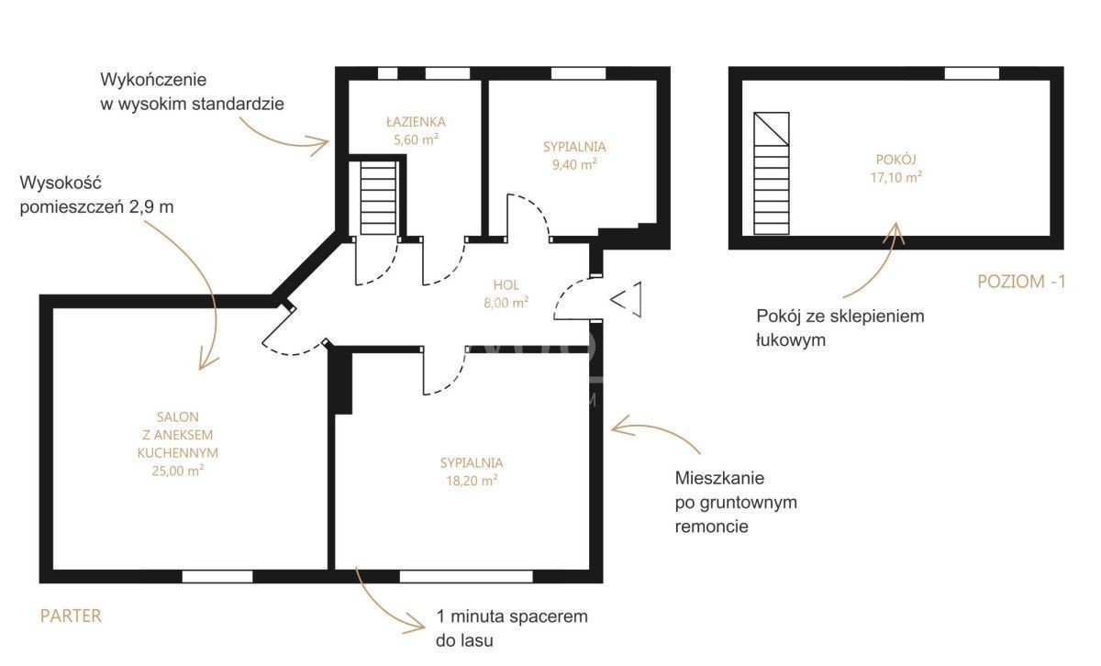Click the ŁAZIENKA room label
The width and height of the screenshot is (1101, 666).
[416, 121]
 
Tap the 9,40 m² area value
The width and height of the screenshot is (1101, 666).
[574, 164]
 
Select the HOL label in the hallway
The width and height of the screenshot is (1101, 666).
[506, 284]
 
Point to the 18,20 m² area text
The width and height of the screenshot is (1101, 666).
[472, 480]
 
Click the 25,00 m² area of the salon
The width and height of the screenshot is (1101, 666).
[177, 471]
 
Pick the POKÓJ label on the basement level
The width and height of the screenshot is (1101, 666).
[896, 160]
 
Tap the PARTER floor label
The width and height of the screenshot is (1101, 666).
[71, 616]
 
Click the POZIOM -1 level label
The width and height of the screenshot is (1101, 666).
[1021, 282]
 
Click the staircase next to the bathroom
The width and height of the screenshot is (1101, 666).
[378, 198]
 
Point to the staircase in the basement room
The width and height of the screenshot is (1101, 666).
[772, 173]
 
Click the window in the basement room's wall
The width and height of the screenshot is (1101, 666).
[972, 73]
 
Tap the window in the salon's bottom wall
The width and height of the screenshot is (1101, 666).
[217, 576]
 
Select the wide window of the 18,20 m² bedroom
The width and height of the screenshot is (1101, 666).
[466, 576]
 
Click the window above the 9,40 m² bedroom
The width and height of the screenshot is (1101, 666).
[578, 73]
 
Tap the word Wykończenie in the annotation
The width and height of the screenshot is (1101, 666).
[153, 80]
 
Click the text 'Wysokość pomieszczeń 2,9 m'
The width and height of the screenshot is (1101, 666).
[97, 194]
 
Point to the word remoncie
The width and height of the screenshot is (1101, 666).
[711, 527]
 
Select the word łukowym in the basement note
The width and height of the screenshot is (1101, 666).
[790, 339]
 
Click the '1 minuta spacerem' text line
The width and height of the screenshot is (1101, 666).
[512, 616]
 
